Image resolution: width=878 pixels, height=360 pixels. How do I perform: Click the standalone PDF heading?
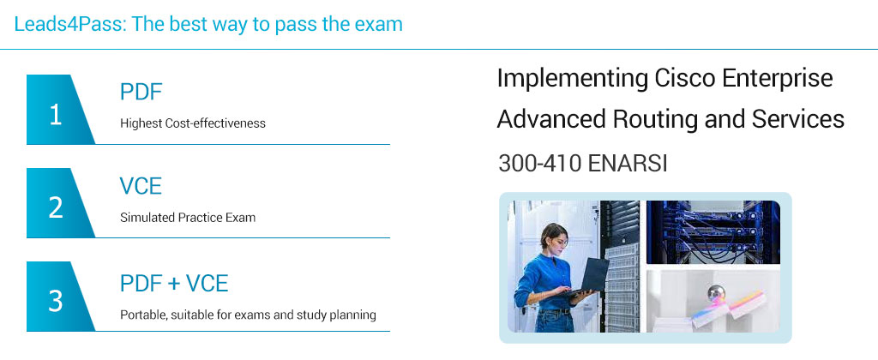[141, 93]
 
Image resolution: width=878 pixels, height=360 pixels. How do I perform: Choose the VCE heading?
[141, 186]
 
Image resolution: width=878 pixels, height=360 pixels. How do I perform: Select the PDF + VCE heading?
[174, 282]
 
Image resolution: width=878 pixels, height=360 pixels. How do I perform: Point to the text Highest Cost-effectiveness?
[193, 123]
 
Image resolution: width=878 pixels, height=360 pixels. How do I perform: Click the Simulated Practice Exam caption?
[188, 218]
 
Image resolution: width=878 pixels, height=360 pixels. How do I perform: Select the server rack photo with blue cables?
[713, 232]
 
